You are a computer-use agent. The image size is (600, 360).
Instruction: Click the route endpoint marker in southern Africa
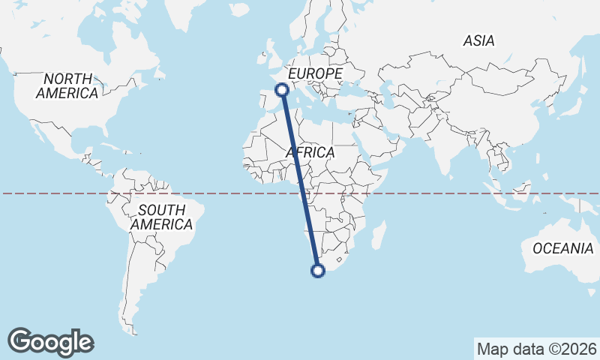(318, 271)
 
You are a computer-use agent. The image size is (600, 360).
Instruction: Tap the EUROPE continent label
(315, 73)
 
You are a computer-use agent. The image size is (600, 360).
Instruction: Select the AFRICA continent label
(310, 152)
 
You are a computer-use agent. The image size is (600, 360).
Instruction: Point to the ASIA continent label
(478, 41)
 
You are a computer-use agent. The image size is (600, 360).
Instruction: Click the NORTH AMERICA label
(67, 86)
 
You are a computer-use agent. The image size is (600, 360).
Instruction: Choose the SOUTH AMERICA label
(161, 217)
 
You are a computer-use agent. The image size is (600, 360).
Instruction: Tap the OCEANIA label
(562, 248)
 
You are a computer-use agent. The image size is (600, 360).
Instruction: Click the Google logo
(50, 341)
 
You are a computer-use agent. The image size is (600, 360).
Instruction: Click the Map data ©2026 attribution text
(537, 349)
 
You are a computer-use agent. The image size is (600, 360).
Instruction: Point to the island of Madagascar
(379, 234)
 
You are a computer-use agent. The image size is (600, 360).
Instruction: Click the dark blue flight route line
(300, 180)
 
